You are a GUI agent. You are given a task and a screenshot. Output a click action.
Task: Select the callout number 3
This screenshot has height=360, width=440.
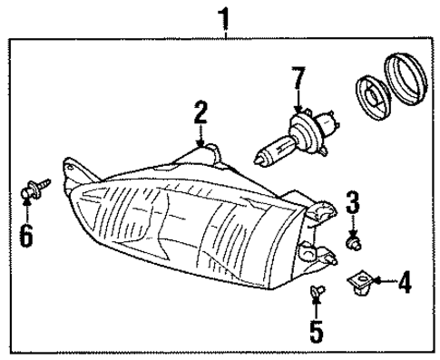coord(352,200)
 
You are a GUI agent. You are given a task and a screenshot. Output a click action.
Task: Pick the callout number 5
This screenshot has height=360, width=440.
coord(316,331)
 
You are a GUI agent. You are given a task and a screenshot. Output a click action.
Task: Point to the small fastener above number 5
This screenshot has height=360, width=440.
coord(316,291)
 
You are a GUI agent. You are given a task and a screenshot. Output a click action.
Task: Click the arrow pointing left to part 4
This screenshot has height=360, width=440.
coord(382,283)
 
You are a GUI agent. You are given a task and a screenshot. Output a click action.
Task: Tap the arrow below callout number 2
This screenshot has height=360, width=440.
coord(200,136)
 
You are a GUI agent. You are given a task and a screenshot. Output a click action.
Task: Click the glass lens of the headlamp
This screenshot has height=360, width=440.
coord(181,218)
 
